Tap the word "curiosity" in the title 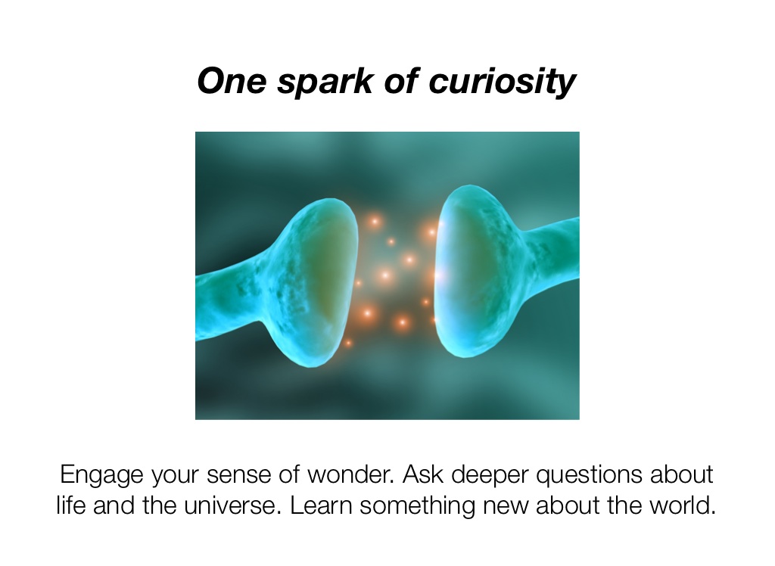[x=502, y=82]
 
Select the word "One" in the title [x=232, y=82]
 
